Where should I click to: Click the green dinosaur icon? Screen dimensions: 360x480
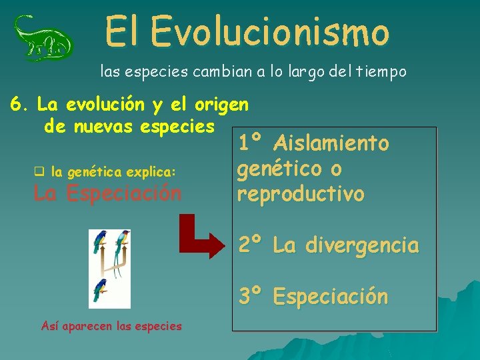click(x=43, y=39)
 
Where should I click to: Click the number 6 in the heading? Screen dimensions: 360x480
click(x=15, y=105)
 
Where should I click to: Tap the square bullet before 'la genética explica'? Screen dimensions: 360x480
click(x=39, y=171)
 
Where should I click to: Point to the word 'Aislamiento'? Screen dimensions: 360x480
click(x=331, y=143)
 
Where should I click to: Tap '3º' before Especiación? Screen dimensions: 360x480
click(x=251, y=296)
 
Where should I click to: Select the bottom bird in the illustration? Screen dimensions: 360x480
click(x=101, y=291)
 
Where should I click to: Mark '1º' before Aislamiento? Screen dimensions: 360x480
click(x=251, y=143)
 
